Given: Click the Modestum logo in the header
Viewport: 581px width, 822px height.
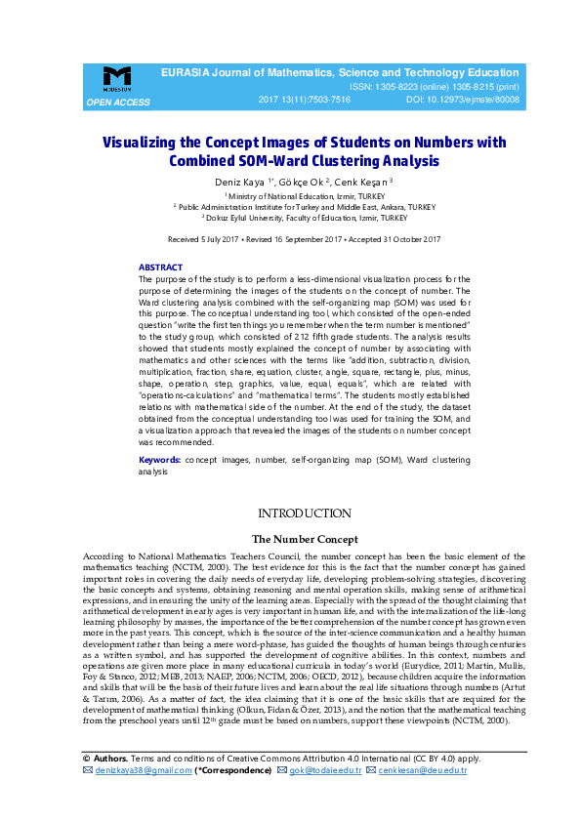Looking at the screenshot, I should click(117, 78).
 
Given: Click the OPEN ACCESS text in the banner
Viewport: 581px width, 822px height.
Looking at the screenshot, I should click(118, 102).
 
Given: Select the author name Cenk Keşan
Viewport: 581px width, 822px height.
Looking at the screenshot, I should click(362, 183).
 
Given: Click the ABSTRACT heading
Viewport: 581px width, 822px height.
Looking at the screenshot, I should click(160, 267).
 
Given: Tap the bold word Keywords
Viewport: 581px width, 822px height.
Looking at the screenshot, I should click(159, 458).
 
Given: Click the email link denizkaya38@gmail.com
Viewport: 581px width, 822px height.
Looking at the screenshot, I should click(143, 770).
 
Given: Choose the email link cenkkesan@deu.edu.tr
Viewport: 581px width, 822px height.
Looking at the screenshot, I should click(422, 770).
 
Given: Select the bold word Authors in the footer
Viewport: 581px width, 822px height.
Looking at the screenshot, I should click(109, 757).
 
